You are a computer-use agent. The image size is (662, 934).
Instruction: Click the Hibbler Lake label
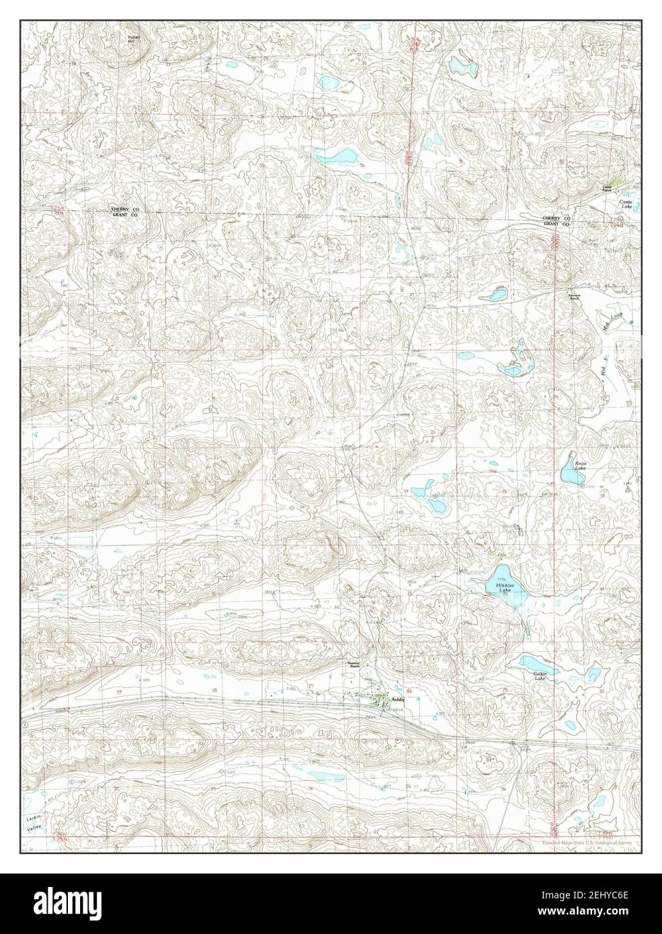tap(505, 586)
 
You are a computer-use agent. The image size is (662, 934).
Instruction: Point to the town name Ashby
tap(399, 701)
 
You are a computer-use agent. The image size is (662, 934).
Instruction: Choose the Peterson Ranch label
tap(574, 296)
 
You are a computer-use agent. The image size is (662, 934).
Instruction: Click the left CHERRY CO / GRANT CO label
tap(125, 213)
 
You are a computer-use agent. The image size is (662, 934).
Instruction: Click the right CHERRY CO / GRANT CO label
tap(556, 222)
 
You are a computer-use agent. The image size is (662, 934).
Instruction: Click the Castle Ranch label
tap(606, 189)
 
